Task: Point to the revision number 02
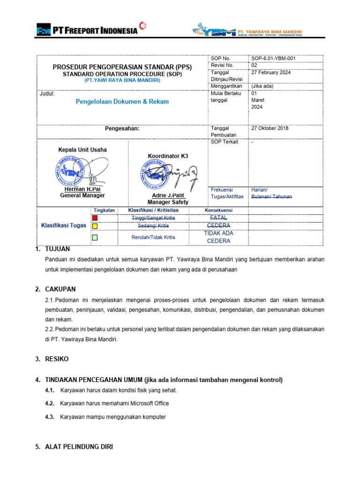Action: click(x=255, y=65)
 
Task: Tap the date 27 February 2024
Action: click(x=271, y=72)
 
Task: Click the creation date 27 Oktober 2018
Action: click(x=270, y=128)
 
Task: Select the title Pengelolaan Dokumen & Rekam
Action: click(x=122, y=101)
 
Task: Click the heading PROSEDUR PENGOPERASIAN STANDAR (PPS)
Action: click(x=122, y=67)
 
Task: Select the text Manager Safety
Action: click(x=168, y=202)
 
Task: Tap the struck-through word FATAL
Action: click(x=218, y=217)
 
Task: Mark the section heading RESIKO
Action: click(x=57, y=359)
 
